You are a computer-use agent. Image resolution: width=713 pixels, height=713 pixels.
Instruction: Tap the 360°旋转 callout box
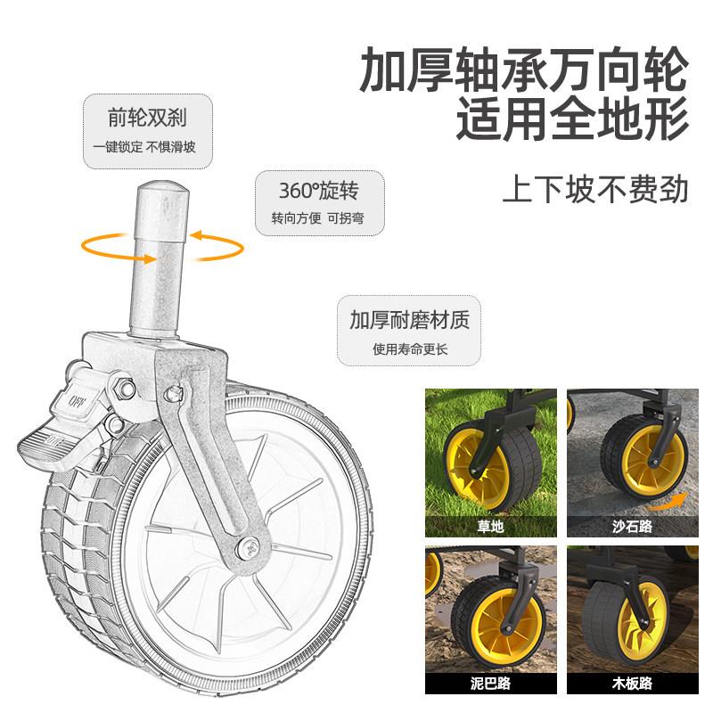(309, 202)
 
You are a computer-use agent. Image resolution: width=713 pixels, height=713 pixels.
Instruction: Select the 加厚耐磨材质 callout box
(409, 331)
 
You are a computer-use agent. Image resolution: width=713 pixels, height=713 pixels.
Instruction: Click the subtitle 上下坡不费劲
(595, 189)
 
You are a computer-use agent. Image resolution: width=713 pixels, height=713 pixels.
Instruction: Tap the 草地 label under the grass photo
(491, 526)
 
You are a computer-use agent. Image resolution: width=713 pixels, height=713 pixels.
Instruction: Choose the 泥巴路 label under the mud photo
(491, 684)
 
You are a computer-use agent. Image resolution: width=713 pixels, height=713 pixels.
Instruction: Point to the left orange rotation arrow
(100, 242)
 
